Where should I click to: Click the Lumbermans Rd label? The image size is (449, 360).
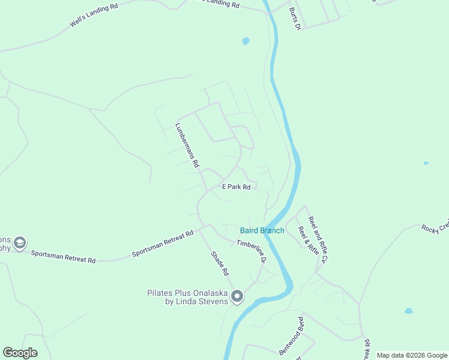[187, 145]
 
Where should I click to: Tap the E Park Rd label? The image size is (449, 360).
[236, 187]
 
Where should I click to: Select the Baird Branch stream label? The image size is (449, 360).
[262, 230]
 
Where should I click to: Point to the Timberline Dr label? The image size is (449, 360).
[251, 251]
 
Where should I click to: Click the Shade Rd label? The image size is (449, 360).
[220, 263]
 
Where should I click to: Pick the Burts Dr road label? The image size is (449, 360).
[294, 20]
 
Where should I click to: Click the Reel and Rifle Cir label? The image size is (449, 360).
[319, 240]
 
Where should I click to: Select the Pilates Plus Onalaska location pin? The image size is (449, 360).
[237, 296]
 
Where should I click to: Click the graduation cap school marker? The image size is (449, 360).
[19, 242]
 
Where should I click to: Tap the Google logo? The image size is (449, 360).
[20, 353]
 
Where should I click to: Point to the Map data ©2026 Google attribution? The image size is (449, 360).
[412, 355]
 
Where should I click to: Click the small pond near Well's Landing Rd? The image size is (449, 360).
[246, 41]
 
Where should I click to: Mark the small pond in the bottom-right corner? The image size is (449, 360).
[409, 311]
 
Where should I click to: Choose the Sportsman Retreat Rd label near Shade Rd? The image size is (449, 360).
[163, 244]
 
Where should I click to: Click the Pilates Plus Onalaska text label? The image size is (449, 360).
[188, 297]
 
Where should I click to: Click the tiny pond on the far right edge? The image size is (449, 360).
[426, 163]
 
